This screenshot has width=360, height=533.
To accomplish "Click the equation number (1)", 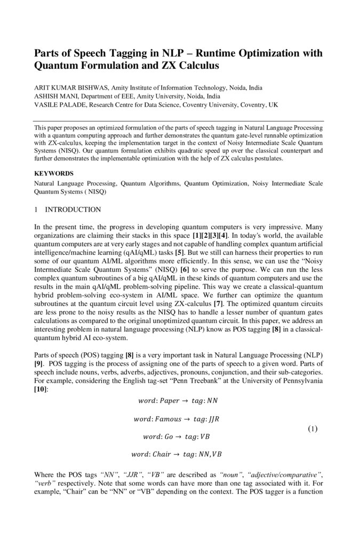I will (313, 429).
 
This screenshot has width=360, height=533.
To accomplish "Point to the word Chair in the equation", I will (162, 455).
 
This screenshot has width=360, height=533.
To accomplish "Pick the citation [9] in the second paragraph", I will (39, 362).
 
